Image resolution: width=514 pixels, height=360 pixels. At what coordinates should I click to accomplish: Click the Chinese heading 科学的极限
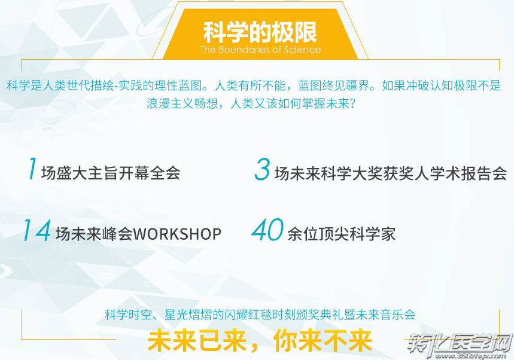tap(260, 32)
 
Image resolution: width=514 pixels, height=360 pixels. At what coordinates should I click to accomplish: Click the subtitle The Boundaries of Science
tap(260, 50)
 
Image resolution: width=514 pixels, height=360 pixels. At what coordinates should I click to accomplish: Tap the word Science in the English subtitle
tap(302, 50)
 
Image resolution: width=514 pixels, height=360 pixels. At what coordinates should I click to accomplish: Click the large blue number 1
tap(32, 169)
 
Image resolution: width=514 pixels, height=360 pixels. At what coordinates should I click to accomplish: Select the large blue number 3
tap(262, 169)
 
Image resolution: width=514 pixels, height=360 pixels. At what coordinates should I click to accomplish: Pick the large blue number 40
tap(267, 229)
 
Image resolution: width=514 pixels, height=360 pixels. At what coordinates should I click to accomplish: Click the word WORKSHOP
tap(177, 234)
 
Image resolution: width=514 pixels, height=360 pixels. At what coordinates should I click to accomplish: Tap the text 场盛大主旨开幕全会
tap(111, 173)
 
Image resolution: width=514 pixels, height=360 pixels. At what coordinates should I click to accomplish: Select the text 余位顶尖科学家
tap(342, 234)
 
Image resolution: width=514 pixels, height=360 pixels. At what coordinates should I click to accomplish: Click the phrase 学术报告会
tap(468, 173)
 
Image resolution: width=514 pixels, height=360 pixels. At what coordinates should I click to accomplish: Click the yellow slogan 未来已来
tap(197, 341)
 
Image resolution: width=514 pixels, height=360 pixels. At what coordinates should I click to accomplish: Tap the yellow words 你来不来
tap(323, 341)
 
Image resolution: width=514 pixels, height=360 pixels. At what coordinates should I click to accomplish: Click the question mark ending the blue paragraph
tap(352, 104)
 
